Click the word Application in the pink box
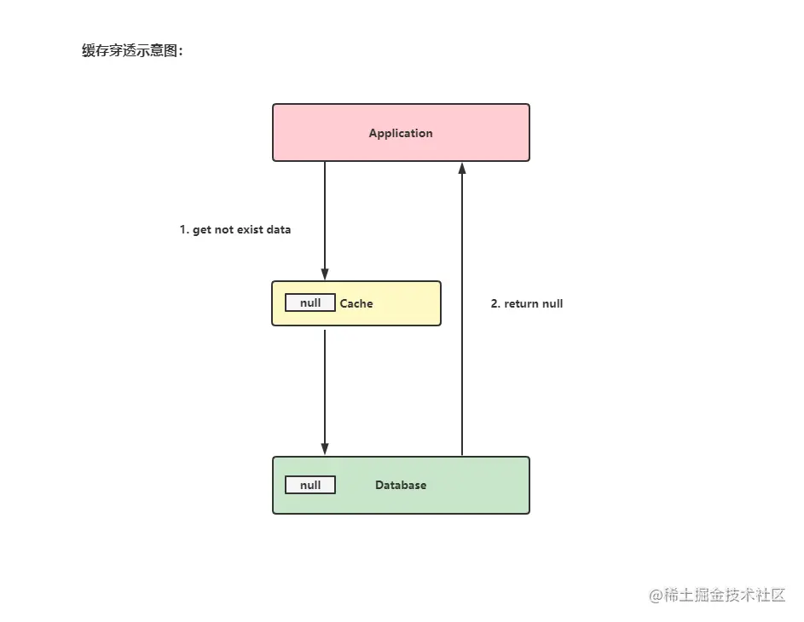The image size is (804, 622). pos(401,133)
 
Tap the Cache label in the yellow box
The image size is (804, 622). pos(356,303)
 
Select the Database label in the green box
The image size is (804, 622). pos(401,485)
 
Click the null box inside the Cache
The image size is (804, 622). pos(310,303)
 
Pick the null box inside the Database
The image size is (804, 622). pos(310,485)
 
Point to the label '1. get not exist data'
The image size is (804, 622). pos(235,230)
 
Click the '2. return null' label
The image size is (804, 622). pos(527,303)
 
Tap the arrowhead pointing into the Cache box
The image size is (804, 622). pos(325,274)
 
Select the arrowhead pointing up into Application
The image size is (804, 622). pos(462,169)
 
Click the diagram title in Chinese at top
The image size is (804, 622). pos(132,51)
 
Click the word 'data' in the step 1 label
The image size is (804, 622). pos(279,230)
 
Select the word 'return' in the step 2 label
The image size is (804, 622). pos(521,303)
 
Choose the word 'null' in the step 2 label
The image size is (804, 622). pos(552,303)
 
